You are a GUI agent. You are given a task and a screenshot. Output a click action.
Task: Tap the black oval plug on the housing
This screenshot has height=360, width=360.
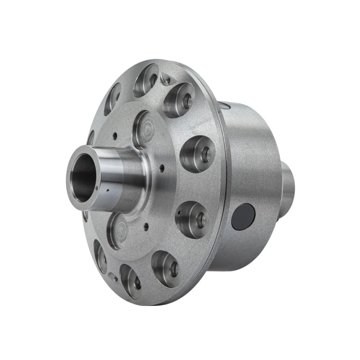coord(243,216)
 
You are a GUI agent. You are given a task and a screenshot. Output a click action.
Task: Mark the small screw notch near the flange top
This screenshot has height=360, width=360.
coord(167,81)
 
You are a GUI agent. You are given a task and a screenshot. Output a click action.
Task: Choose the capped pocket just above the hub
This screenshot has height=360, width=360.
coord(144,129)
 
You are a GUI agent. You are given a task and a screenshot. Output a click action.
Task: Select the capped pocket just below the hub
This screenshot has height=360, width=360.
coord(117,230)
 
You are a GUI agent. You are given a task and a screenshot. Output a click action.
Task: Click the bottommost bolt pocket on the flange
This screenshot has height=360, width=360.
coord(131,281)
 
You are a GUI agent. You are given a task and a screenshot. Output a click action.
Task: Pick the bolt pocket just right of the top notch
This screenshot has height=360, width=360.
coord(179,99)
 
